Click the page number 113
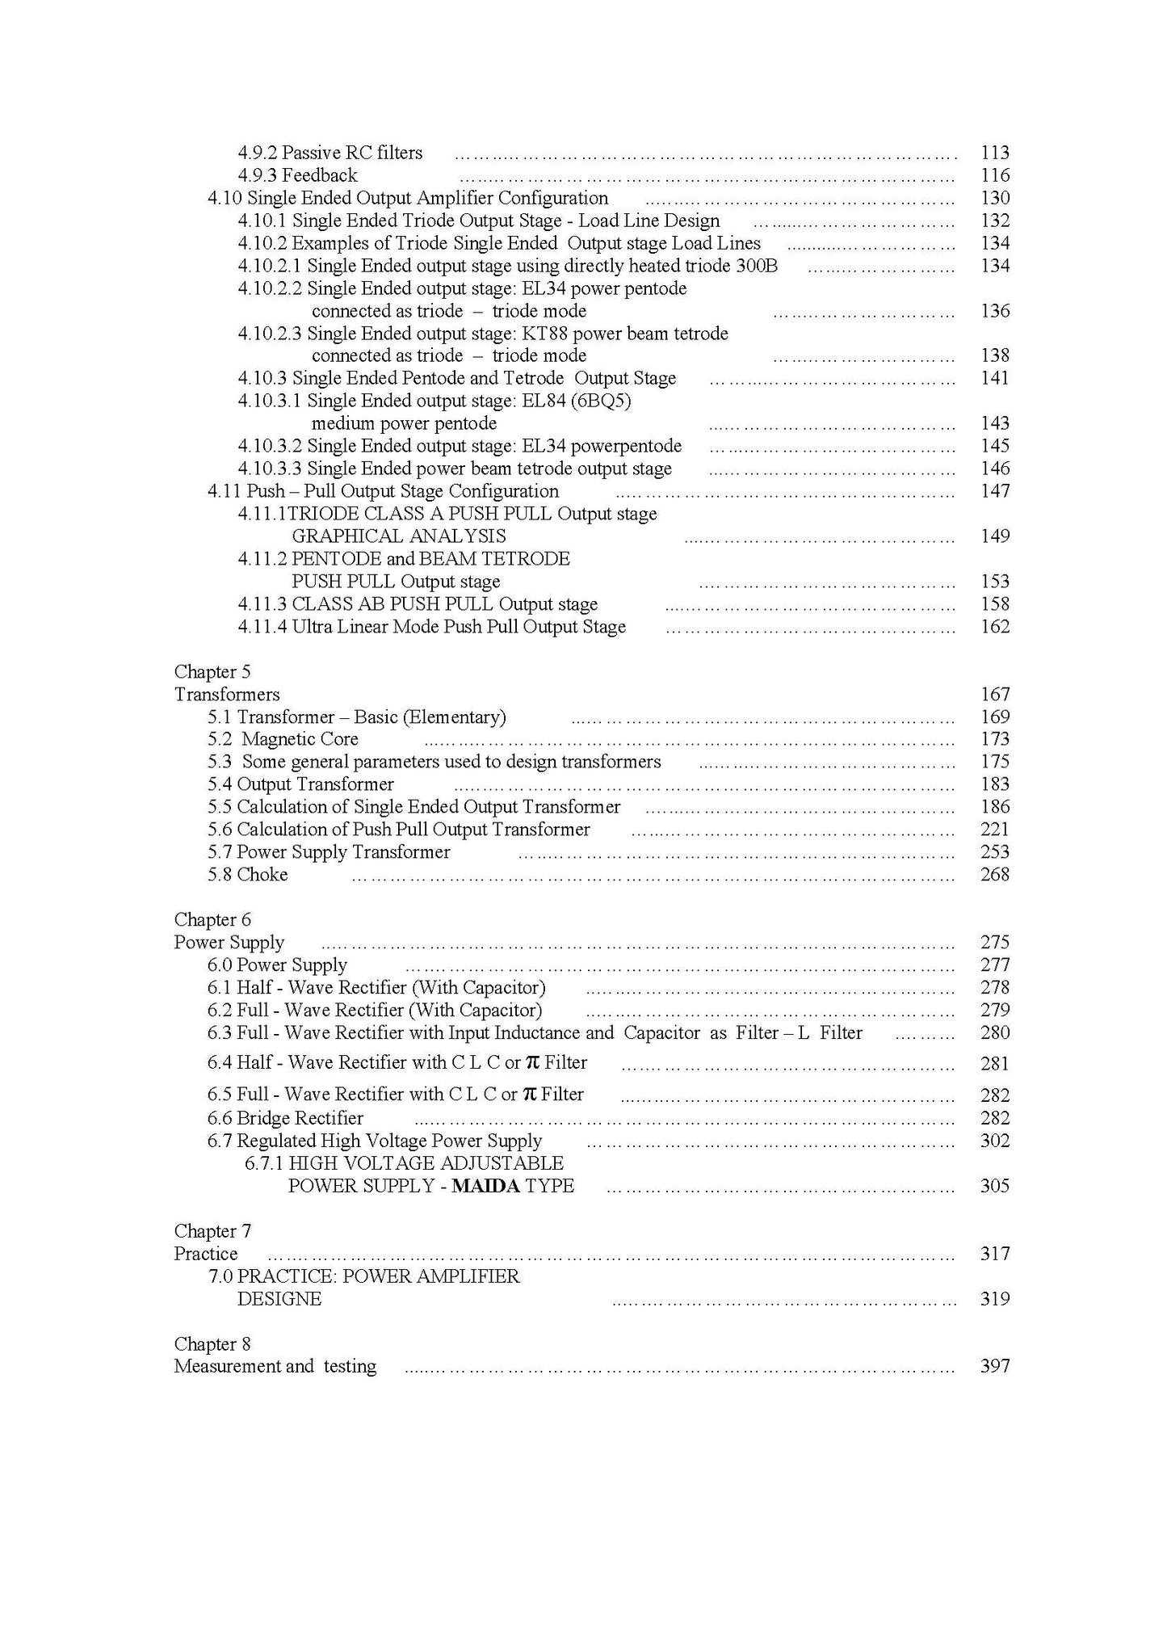click(x=994, y=153)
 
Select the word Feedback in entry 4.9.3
click(x=319, y=175)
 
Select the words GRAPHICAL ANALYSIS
click(x=398, y=536)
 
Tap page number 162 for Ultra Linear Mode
click(x=994, y=627)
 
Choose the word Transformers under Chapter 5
click(x=227, y=695)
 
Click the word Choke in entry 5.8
click(x=262, y=875)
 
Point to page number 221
click(x=994, y=830)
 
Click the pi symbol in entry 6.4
click(x=531, y=1062)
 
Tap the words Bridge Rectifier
click(x=300, y=1118)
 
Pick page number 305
click(x=994, y=1186)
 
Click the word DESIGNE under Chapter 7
click(x=279, y=1299)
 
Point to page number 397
click(x=994, y=1367)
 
